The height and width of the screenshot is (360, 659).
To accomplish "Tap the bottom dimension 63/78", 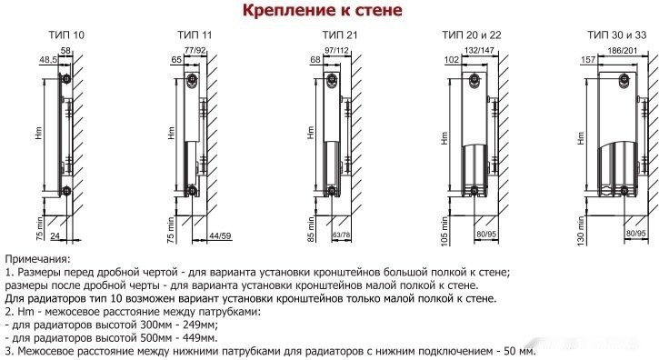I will (x=342, y=235).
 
